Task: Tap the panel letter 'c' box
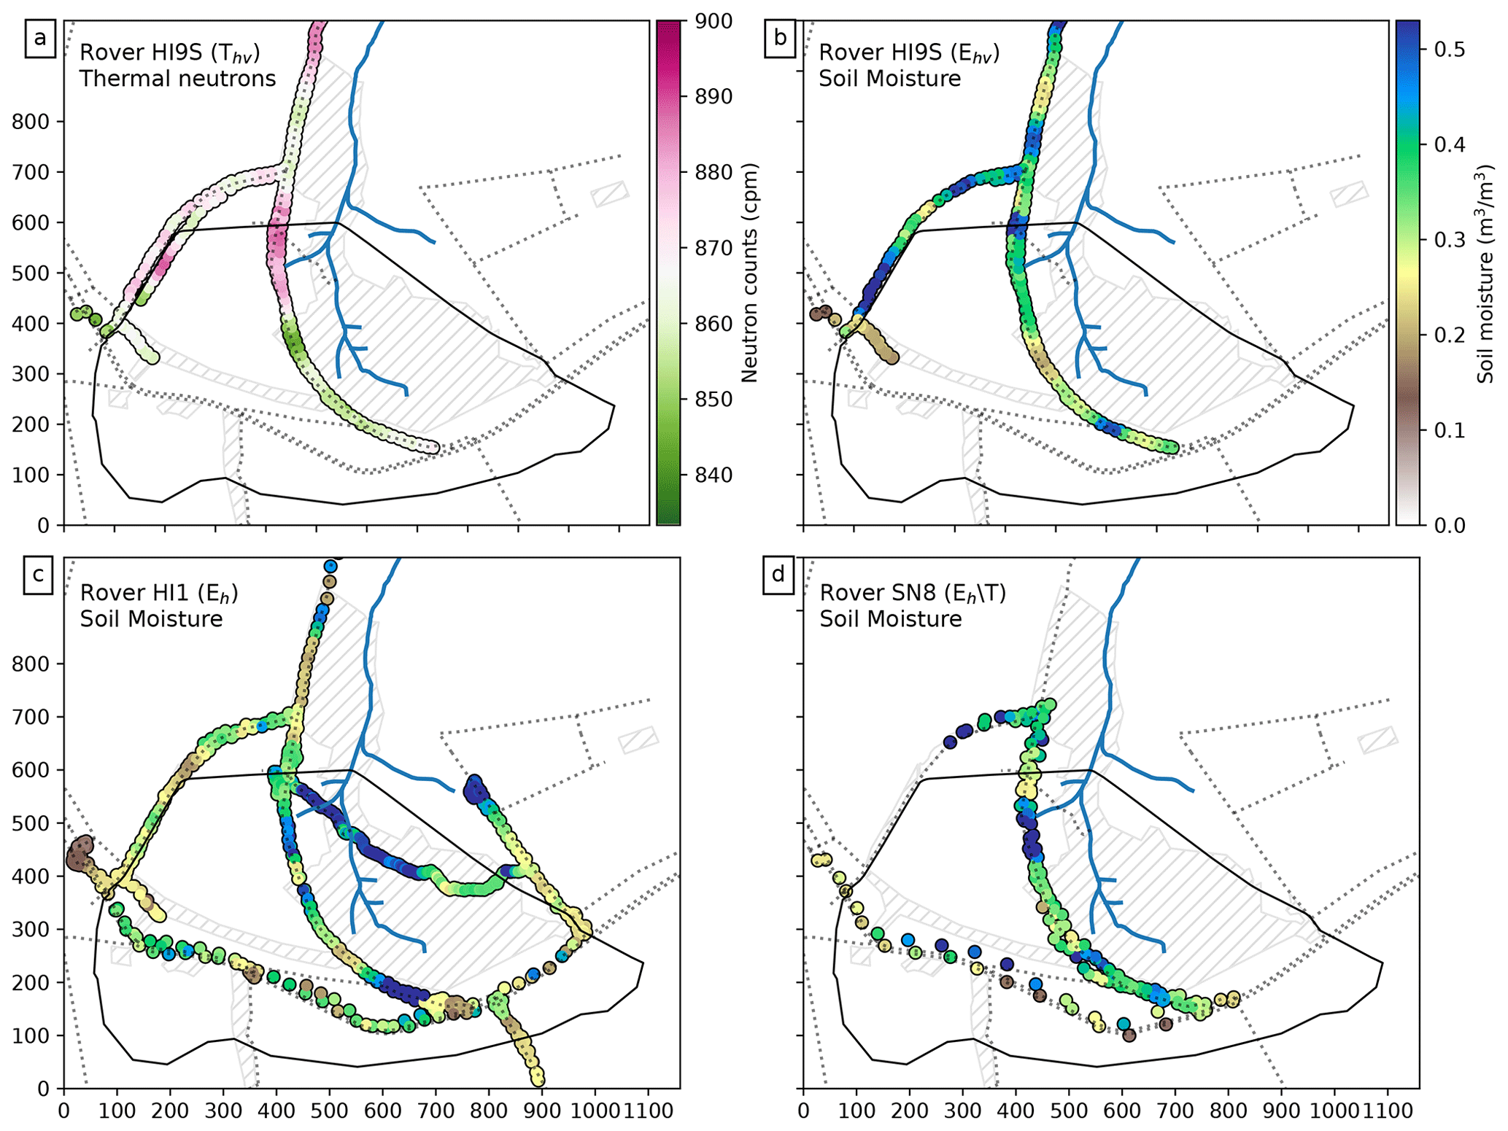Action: pyautogui.click(x=38, y=574)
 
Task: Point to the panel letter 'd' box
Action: pyautogui.click(x=778, y=574)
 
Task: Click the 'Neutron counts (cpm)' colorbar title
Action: pyautogui.click(x=749, y=273)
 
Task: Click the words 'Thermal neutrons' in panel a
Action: pyautogui.click(x=177, y=78)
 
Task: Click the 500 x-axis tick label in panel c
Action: pyautogui.click(x=330, y=1111)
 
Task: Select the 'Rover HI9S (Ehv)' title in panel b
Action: pyautogui.click(x=908, y=53)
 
